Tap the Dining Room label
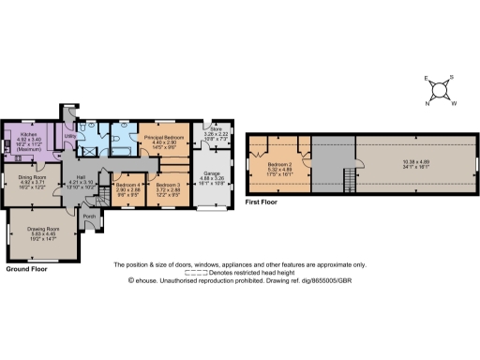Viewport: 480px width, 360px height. (31, 176)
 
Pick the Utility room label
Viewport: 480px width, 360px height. (69, 136)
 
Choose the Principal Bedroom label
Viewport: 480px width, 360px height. (160, 138)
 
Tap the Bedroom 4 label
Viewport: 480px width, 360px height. (127, 185)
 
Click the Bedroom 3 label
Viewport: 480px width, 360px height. (168, 185)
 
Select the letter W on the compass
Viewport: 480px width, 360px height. (455, 103)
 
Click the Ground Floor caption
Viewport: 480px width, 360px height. (27, 269)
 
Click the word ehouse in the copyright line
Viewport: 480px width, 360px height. (150, 280)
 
